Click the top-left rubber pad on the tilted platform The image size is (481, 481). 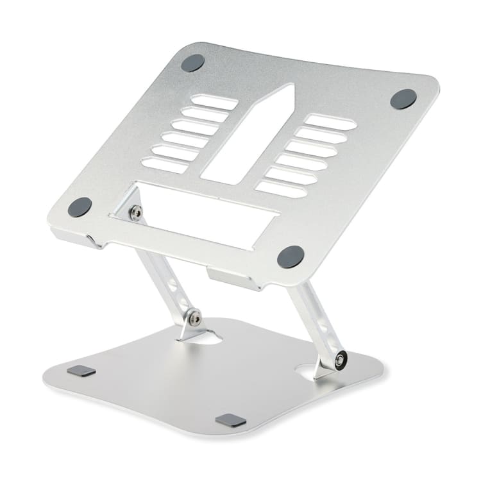point(192,63)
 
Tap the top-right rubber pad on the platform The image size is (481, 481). point(403,99)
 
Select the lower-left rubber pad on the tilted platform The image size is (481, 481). point(80,207)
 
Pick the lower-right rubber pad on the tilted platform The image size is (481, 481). point(291,257)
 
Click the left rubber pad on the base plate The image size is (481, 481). point(81,371)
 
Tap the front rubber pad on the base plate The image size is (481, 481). point(231,421)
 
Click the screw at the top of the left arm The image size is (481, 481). point(135,213)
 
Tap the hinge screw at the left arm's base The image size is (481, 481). point(194,316)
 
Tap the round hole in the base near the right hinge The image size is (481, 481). point(306,371)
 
